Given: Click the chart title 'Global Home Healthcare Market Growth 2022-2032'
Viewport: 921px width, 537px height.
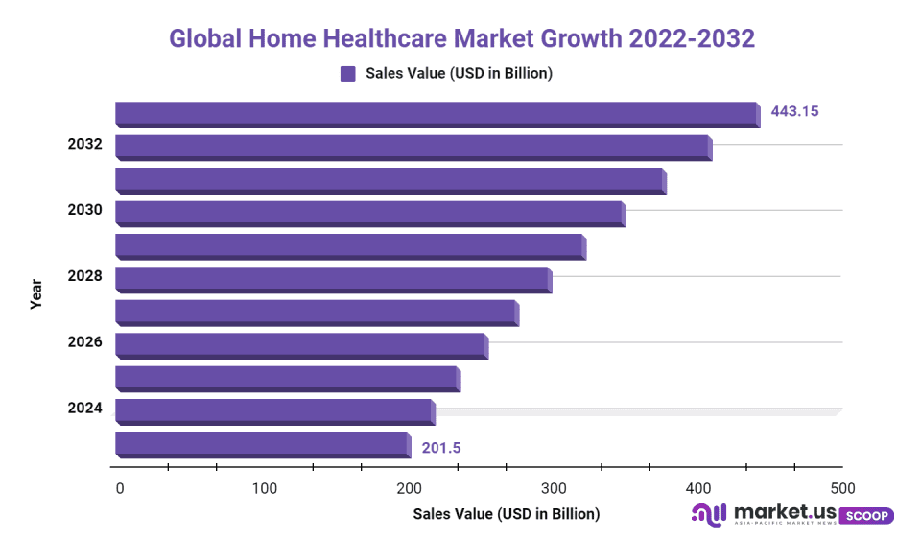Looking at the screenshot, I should [461, 38].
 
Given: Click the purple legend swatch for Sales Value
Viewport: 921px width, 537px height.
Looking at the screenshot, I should [348, 74].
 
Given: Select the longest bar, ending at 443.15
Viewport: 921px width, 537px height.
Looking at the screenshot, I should [437, 114].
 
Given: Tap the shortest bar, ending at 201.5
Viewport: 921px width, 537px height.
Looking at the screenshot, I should [262, 444].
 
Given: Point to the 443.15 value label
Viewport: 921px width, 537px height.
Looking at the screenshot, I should [794, 111].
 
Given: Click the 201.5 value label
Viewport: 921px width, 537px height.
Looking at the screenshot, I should [442, 447].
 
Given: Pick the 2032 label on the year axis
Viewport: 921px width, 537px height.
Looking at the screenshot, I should [84, 145].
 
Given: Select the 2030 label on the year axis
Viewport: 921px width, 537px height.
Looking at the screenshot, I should [84, 210].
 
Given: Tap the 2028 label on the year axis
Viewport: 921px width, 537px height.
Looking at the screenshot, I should [84, 276].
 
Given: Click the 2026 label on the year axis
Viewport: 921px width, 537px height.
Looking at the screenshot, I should [84, 342].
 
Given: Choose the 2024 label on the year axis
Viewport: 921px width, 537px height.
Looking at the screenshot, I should [84, 409].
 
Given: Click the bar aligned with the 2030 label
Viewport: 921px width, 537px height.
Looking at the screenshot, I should [369, 213].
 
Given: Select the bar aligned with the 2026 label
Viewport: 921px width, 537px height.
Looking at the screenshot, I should [300, 345].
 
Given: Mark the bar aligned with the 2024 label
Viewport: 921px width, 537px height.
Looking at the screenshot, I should [274, 411].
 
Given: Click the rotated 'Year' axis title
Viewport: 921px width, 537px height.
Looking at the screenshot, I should [36, 293].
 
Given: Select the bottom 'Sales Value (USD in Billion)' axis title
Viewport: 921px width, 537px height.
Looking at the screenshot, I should [506, 514].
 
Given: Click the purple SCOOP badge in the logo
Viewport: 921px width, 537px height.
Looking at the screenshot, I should [866, 515].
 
